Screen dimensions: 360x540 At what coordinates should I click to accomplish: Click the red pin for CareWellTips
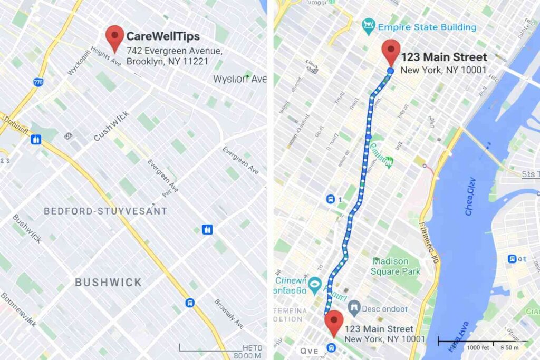point(115,38)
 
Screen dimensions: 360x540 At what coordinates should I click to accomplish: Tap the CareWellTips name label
point(163,37)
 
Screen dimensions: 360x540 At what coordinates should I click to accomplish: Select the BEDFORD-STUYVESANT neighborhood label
point(105,211)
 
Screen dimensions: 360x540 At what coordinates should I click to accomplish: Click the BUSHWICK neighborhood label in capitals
point(108,282)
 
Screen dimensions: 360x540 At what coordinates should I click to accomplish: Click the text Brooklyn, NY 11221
point(167,61)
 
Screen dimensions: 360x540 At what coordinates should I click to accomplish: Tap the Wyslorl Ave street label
point(239,79)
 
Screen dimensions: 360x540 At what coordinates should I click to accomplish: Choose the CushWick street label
point(111,128)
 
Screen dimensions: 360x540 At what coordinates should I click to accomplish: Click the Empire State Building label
point(427,27)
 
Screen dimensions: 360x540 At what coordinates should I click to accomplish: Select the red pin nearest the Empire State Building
point(391,52)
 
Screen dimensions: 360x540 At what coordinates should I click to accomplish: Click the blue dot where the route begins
point(390,71)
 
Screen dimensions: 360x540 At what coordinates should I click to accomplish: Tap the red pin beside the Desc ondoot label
point(333,323)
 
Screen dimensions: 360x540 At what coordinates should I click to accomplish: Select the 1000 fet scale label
point(478,348)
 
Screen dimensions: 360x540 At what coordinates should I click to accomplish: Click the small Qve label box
point(309,351)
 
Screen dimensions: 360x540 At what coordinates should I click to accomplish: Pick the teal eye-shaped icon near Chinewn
point(315,285)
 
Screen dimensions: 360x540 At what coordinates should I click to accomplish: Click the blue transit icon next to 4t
point(512,259)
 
